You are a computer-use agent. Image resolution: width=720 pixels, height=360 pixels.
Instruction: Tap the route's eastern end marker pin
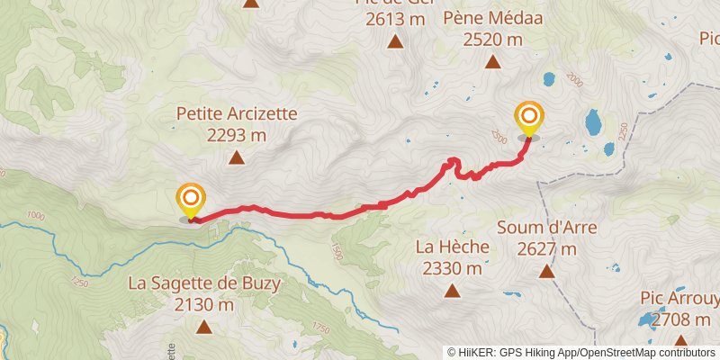[x=528, y=120]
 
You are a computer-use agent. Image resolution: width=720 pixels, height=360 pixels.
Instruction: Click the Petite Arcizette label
[x=237, y=114]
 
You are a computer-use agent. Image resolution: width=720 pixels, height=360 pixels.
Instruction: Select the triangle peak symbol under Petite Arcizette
[x=237, y=158]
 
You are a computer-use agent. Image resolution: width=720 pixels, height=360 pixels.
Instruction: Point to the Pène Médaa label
[x=492, y=17]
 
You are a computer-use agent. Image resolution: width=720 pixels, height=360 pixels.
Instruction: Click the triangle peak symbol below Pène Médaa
[x=492, y=62]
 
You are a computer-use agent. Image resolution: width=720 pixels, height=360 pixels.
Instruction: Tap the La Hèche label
[x=452, y=246]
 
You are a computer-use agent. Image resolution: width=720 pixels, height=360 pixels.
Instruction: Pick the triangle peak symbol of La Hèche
[x=452, y=290]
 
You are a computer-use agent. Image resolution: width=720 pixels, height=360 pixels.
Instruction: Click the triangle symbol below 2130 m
[x=204, y=327]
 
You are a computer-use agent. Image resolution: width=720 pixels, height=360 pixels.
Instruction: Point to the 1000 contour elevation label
[x=36, y=215]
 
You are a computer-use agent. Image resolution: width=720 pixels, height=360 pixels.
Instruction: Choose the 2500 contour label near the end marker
[x=499, y=135]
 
